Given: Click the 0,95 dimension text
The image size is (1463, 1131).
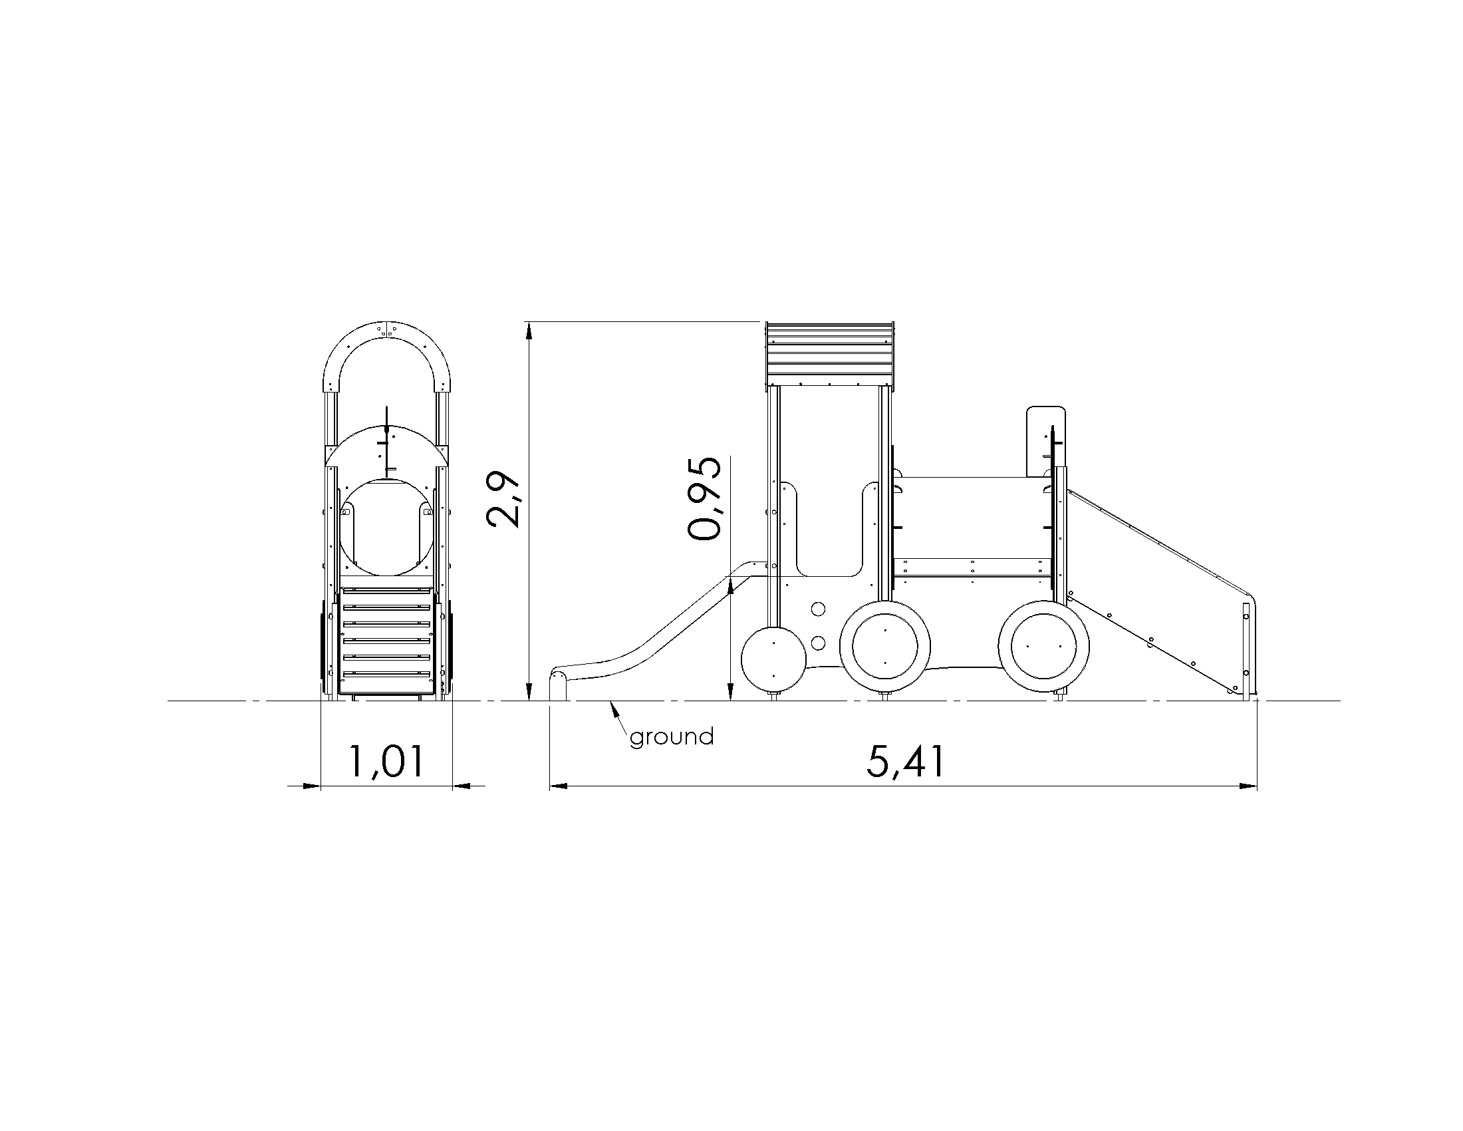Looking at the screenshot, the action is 706,498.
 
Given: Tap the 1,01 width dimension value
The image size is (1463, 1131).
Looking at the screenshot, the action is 386,762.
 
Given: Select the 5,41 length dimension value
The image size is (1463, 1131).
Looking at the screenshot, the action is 906,762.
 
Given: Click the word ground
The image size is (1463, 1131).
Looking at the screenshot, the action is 672,738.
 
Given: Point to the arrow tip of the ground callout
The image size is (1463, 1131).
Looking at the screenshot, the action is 610,702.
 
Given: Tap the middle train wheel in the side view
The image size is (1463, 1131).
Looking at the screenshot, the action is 885,647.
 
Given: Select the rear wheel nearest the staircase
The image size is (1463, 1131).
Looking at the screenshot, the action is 1043,647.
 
